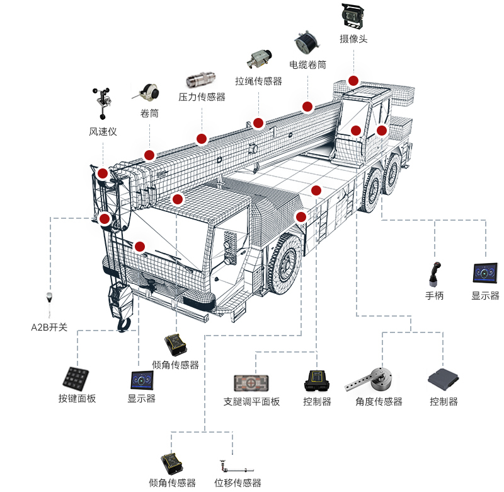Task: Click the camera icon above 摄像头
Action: coord(353,15)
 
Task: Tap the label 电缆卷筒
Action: coord(308,64)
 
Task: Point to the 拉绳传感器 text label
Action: coord(258,81)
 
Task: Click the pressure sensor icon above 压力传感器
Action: coord(202,81)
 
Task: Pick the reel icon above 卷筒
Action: coord(148,91)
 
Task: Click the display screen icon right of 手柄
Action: coord(485,272)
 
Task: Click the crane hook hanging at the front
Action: coord(123,323)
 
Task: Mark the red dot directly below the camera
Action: coord(353,81)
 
